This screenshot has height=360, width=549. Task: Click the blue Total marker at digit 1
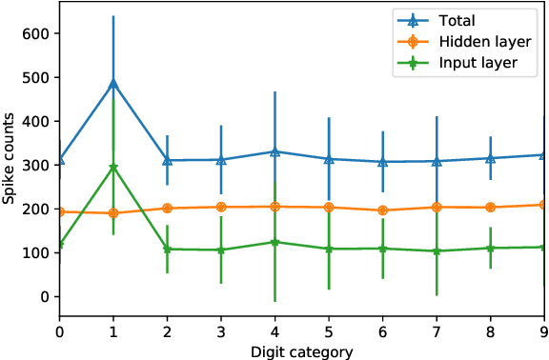point(113,83)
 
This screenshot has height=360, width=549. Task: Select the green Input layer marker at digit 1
point(113,168)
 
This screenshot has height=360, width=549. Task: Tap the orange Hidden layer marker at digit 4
point(275,207)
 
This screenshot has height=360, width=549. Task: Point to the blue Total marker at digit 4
point(275,151)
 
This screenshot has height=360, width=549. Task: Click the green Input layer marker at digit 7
point(437,251)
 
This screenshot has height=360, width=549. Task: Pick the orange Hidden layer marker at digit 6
point(383,210)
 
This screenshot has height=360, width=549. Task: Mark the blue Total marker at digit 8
point(491,158)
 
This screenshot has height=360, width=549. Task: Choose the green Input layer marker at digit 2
point(168,250)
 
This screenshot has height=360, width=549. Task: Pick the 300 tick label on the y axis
point(36,165)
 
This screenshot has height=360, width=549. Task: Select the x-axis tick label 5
point(329,333)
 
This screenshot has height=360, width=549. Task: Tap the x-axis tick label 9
point(543,333)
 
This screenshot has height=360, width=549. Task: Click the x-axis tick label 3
point(221,333)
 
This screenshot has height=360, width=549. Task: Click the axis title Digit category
point(302,351)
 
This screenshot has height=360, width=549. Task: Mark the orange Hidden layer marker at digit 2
point(168,209)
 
